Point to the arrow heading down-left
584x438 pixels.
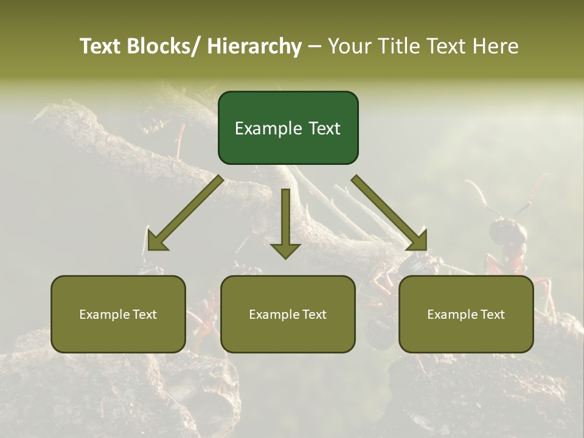point(186,212)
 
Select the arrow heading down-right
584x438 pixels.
point(389,212)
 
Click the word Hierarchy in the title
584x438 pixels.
point(254,46)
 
